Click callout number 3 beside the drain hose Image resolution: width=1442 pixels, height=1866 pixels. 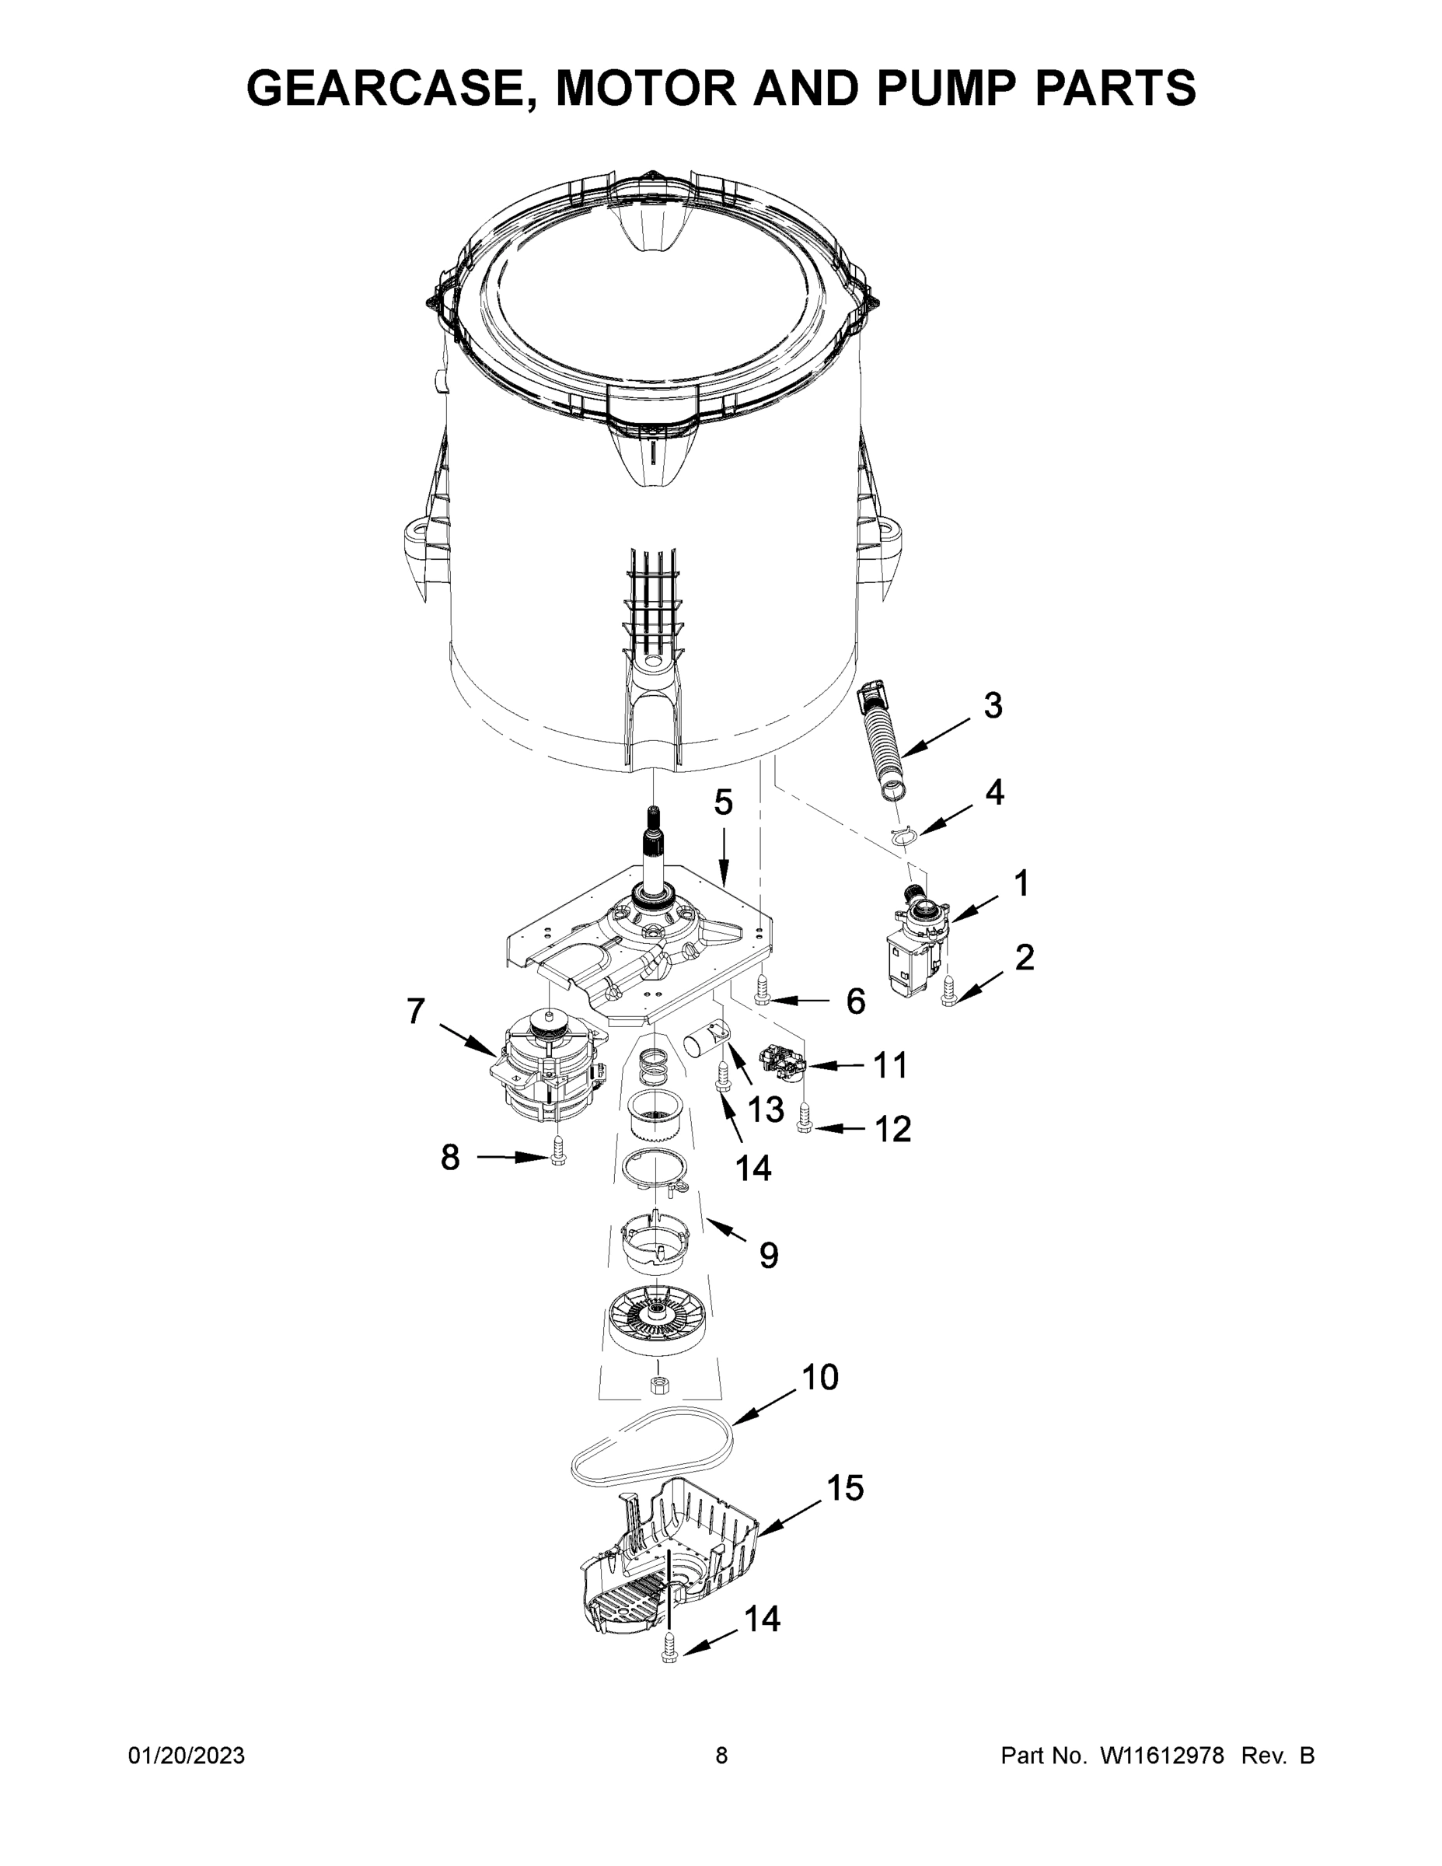tap(992, 706)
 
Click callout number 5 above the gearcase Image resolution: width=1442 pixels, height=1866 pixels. tap(723, 802)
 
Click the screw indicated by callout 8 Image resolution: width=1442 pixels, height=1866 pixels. tap(559, 1152)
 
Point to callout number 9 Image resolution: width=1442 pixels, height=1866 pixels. tap(768, 1255)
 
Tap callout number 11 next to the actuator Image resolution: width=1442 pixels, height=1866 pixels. tap(889, 1065)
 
